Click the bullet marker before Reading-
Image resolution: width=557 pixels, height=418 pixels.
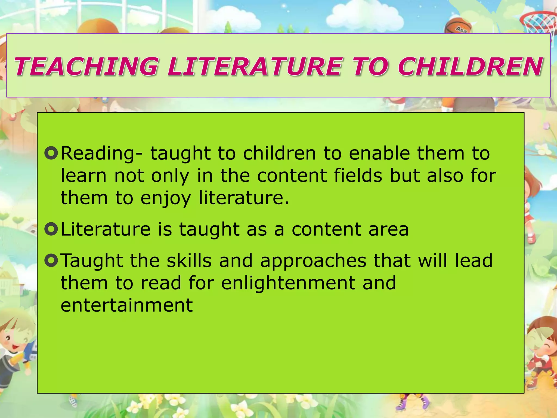(x=51, y=153)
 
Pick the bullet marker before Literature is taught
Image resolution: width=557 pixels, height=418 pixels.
(x=51, y=229)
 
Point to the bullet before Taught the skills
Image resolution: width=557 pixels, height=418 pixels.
(x=51, y=260)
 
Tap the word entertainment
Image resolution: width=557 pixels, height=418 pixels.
(x=127, y=305)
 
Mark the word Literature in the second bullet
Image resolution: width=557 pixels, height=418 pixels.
(x=106, y=229)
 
